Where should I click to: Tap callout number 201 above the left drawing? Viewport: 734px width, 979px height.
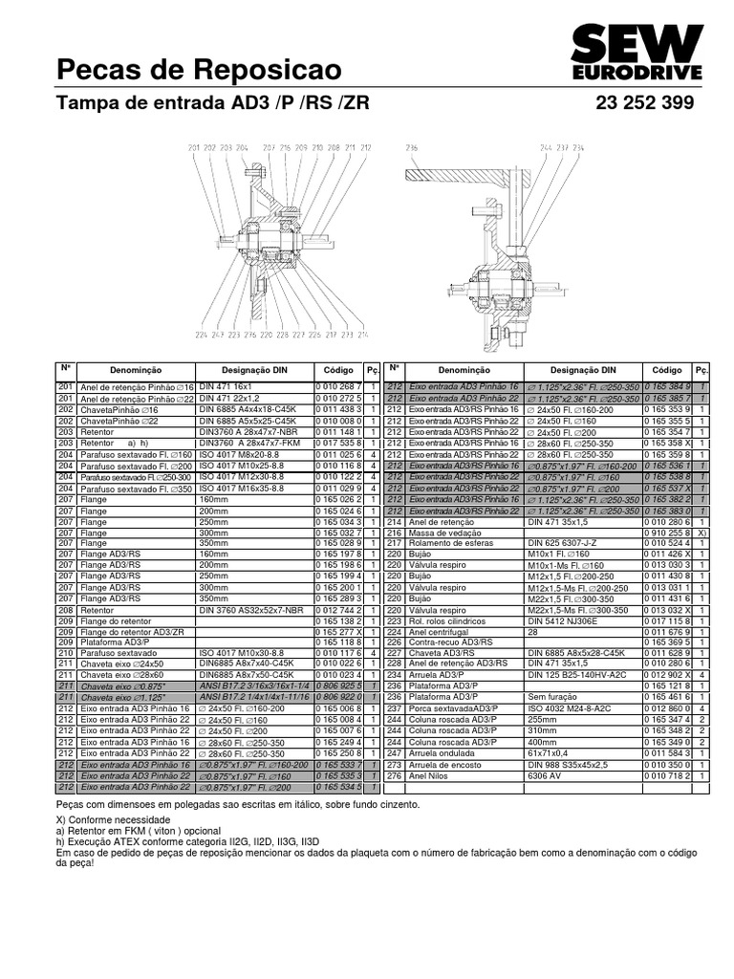(x=194, y=147)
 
